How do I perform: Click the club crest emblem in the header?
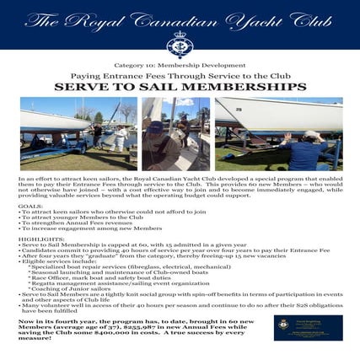click(180, 46)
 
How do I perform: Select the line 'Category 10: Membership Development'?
click(180, 65)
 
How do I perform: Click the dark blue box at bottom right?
click(309, 327)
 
